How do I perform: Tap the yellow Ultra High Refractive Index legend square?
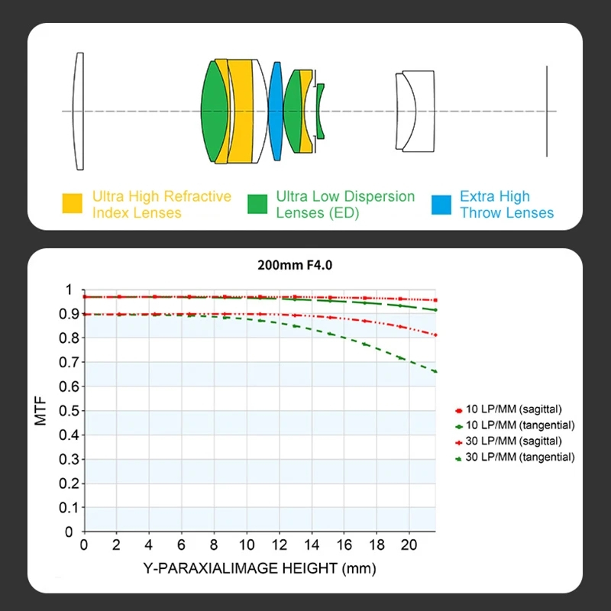point(72,204)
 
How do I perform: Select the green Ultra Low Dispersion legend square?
point(257,204)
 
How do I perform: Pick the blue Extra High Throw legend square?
point(441,204)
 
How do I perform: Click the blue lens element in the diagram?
point(276,112)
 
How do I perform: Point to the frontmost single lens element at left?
point(79,112)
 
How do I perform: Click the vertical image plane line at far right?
point(547,112)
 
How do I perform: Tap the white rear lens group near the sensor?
point(417,112)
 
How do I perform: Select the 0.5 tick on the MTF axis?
point(71,410)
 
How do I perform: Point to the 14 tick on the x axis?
point(311,545)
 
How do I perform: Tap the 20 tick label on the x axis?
point(409,545)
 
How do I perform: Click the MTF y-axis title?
point(42,410)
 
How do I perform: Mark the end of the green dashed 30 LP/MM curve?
point(435,372)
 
